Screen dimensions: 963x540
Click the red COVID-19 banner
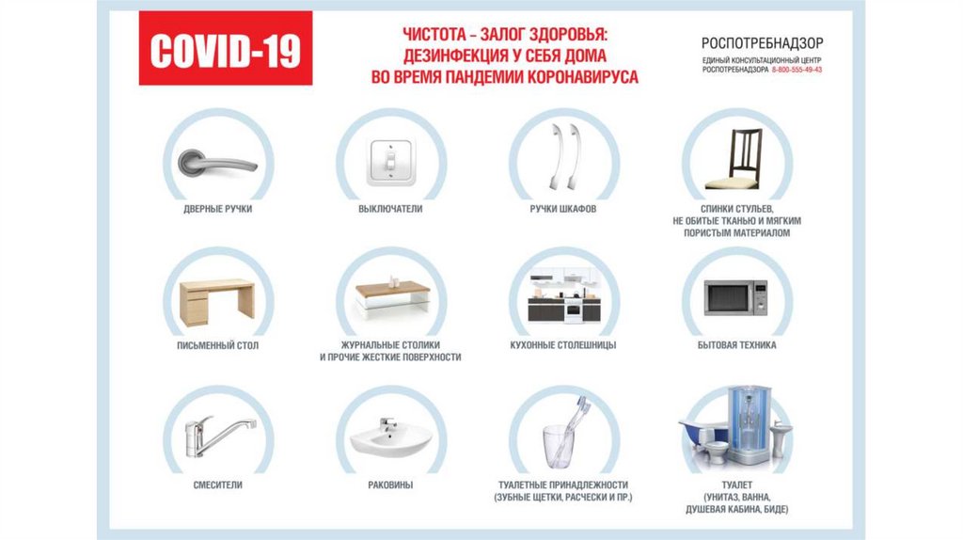[226, 48]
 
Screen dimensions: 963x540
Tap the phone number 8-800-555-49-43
[797, 70]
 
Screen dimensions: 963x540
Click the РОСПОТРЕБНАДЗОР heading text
[762, 43]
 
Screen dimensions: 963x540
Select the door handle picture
[217, 163]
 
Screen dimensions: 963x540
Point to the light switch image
[390, 163]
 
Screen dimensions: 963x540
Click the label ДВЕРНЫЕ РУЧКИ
[218, 209]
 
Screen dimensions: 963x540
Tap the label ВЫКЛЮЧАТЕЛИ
[390, 209]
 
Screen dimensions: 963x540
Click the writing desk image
[217, 303]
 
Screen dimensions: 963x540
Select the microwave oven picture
[735, 297]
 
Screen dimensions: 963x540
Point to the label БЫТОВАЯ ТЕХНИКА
[737, 345]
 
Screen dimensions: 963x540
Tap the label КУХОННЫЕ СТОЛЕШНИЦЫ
[563, 345]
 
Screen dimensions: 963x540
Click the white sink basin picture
[391, 438]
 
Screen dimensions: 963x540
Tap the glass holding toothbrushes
[559, 447]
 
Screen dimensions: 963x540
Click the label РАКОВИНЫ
[390, 484]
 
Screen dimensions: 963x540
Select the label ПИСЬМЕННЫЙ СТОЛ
[218, 345]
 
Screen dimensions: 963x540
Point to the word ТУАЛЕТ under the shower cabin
[737, 484]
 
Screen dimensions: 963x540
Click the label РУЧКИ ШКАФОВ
[563, 209]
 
